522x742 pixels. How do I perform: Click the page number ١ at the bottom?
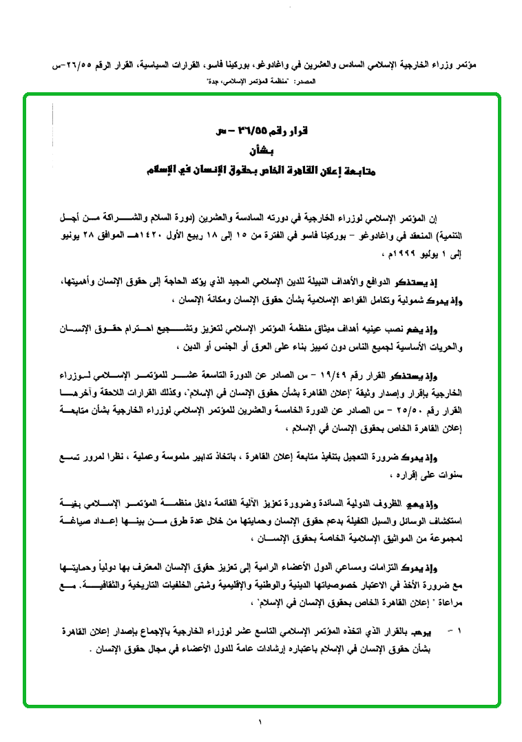coord(261,722)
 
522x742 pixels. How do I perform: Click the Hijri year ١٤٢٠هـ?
coord(160,236)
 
